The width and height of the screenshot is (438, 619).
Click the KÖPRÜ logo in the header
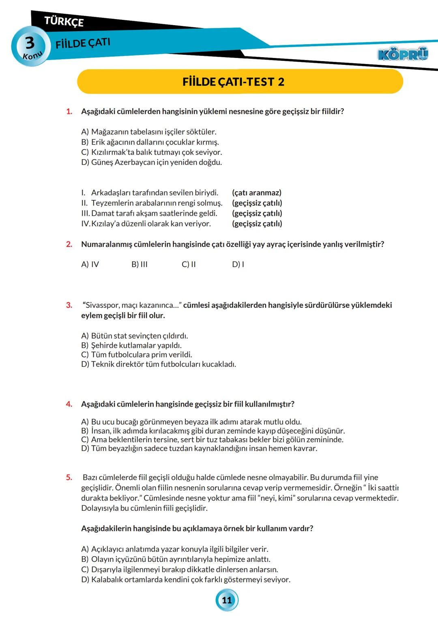tap(402, 54)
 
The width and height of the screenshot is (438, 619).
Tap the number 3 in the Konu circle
tap(30, 43)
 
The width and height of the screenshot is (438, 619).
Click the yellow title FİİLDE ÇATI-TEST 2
tap(233, 82)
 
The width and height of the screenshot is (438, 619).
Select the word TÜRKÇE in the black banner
tap(64, 21)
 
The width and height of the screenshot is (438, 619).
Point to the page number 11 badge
tap(227, 600)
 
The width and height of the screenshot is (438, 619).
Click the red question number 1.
tap(69, 111)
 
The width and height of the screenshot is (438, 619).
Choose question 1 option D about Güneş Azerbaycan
tap(151, 163)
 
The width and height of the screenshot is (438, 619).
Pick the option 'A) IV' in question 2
tap(90, 264)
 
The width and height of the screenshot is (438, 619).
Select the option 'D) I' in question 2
tap(238, 264)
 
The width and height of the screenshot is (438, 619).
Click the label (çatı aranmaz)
tap(257, 193)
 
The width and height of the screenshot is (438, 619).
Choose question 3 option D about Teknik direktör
tap(158, 364)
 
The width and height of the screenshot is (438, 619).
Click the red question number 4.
tap(69, 404)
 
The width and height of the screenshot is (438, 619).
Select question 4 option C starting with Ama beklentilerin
tap(212, 439)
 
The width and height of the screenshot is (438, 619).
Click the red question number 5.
tap(69, 478)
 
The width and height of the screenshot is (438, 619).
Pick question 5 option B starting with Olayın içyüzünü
tap(175, 559)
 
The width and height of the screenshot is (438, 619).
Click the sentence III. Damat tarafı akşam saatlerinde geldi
tap(149, 213)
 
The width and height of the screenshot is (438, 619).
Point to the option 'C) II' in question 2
tap(189, 264)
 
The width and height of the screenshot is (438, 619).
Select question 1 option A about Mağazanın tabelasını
tap(148, 132)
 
